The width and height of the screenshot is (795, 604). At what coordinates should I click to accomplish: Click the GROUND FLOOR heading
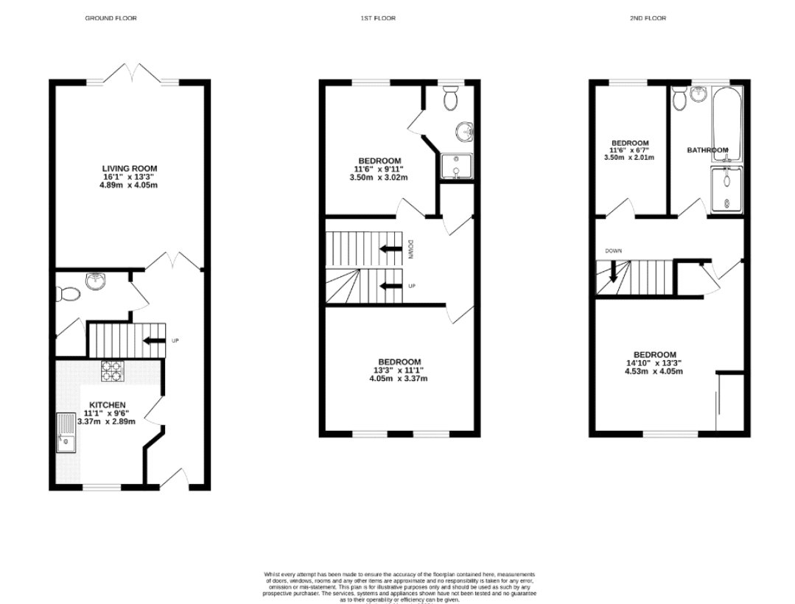click(x=111, y=18)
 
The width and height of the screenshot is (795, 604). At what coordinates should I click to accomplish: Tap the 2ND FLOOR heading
click(x=648, y=18)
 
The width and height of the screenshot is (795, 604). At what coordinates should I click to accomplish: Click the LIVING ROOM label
click(x=130, y=169)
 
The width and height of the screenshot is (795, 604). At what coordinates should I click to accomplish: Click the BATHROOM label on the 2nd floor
click(x=707, y=150)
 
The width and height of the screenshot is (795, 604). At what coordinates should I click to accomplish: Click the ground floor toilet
click(x=69, y=293)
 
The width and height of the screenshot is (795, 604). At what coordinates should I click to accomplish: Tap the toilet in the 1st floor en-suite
click(x=452, y=97)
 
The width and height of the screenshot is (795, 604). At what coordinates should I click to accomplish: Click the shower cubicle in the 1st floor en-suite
click(x=455, y=166)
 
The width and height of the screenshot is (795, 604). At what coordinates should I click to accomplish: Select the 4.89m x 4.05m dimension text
click(x=130, y=185)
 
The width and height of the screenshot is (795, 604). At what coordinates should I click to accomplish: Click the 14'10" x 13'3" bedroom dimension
click(x=655, y=363)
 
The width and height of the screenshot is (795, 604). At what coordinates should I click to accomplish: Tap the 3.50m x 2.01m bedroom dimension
click(x=630, y=158)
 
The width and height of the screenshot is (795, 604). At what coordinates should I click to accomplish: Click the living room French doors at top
click(x=134, y=74)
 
